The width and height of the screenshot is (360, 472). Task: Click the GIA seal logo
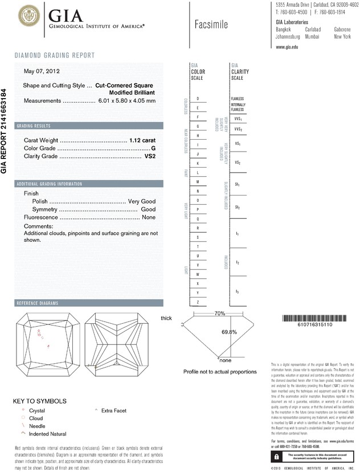tap(30, 17)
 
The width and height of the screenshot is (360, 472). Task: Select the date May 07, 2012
tap(42, 71)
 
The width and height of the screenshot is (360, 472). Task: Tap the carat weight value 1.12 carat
tap(142, 140)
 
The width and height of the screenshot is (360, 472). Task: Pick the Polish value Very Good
tap(141, 202)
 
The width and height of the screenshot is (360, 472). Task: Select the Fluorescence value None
tap(149, 217)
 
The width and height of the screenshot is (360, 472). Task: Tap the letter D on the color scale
tap(198, 99)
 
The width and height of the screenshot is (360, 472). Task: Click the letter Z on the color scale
tap(198, 302)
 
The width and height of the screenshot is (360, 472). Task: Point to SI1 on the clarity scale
tap(237, 185)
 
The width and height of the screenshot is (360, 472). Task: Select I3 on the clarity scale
tap(237, 292)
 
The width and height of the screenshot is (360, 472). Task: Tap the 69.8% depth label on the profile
tap(229, 332)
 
